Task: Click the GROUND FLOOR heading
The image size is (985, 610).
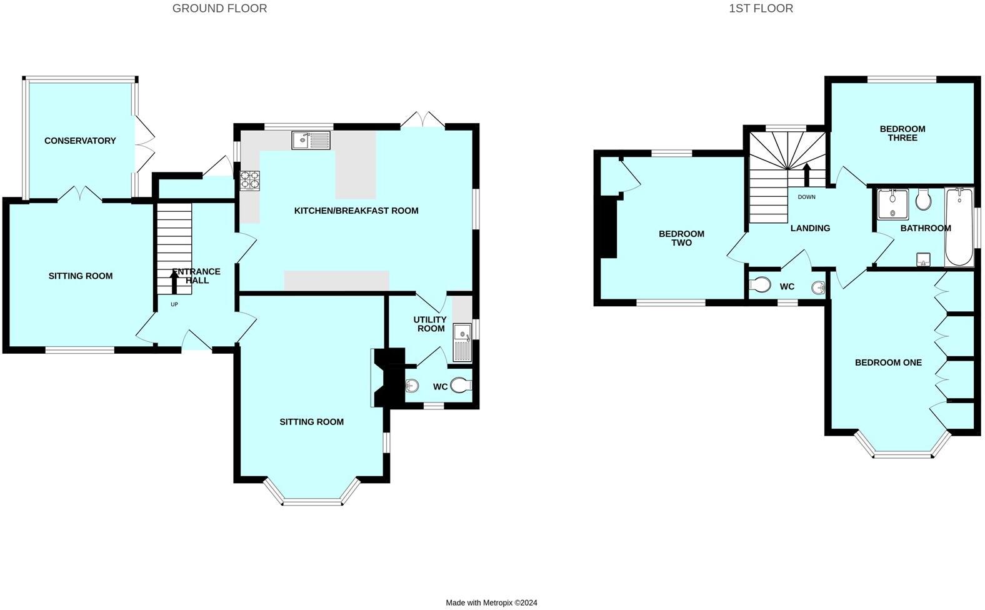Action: point(219,8)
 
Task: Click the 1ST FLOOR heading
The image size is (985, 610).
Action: point(761,8)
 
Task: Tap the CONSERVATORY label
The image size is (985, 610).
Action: point(80,141)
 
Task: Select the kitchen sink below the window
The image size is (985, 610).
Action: point(311,140)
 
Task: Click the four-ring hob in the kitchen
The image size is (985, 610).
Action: point(249,180)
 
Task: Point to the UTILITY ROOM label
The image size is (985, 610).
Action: point(430,324)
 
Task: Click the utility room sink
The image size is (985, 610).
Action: point(462,342)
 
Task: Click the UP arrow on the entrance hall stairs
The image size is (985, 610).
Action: point(174,282)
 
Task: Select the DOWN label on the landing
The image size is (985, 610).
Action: point(806,197)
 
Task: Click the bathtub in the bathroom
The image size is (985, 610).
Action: point(959,228)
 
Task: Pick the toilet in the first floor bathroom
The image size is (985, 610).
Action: point(923,200)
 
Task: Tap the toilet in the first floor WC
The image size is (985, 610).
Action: point(759,285)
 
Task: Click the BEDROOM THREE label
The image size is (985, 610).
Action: point(902,133)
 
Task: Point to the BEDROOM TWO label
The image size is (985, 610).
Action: point(681,238)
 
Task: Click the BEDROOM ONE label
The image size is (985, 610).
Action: point(888,362)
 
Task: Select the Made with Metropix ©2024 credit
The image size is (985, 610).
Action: point(491,602)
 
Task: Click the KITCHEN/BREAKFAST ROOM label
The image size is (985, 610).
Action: point(356,211)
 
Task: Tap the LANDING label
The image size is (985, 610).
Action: point(810,228)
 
